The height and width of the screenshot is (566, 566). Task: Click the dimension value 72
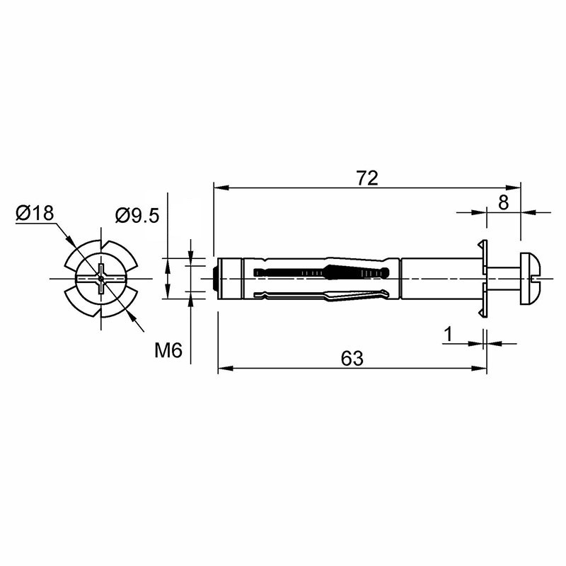click(x=367, y=178)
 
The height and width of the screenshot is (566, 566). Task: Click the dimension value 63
click(x=352, y=359)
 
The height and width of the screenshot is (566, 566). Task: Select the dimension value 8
click(x=503, y=202)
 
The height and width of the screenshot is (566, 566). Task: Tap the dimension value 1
click(x=448, y=334)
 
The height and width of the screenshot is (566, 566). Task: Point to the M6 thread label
click(x=168, y=350)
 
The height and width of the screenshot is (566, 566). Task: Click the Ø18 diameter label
click(x=35, y=213)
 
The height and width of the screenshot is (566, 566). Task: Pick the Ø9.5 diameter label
click(x=137, y=216)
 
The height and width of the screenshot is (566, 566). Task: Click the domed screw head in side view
click(x=530, y=278)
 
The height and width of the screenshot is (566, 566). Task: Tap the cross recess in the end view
click(x=101, y=278)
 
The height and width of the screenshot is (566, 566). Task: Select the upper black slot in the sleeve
click(x=321, y=272)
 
